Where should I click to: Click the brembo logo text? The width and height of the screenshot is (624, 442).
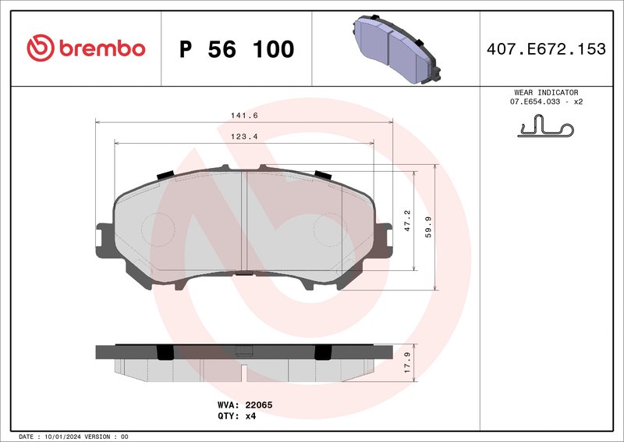pos(99,48)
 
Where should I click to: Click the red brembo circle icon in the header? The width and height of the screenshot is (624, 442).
pos(39,48)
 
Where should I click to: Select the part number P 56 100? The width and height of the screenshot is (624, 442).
pos(236,49)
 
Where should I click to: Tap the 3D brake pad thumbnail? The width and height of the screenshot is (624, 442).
pos(393,48)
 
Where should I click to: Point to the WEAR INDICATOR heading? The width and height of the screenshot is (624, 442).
pos(546,92)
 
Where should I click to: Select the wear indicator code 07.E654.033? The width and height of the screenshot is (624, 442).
pos(537,102)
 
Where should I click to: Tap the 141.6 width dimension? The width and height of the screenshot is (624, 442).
pos(243,116)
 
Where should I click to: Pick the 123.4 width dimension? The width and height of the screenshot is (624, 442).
pos(243,137)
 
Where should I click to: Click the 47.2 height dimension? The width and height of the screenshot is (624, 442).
pos(406,218)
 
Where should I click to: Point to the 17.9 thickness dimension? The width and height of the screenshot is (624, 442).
pos(406,363)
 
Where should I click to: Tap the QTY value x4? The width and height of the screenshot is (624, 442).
pos(250,416)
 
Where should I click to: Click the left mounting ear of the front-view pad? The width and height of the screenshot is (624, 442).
pos(105,238)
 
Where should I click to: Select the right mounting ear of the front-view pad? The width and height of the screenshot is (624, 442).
pos(383,238)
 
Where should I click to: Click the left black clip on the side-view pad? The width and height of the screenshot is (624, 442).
pos(165,353)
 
